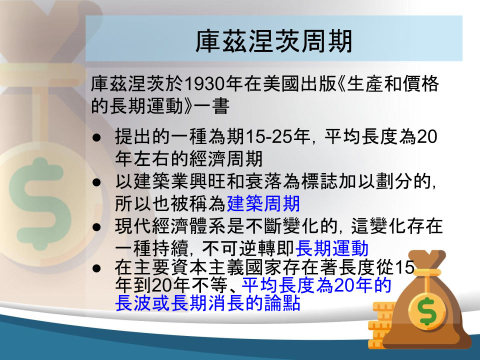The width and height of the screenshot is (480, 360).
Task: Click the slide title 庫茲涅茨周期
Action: point(274,40)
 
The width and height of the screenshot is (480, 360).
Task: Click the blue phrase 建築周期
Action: point(263,203)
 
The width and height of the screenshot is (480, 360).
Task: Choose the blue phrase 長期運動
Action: point(331,248)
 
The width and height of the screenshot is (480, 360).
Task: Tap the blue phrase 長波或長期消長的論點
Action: point(208,303)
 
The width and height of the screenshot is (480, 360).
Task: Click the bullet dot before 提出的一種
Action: point(96,137)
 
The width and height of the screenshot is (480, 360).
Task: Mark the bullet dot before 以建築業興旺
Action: point(96,182)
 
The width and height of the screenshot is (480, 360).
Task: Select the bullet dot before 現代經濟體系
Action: point(96,227)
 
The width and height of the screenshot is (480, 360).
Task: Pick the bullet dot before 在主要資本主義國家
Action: point(96,268)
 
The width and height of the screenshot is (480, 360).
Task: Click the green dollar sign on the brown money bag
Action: point(427,311)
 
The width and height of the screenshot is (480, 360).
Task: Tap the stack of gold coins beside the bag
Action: point(380,325)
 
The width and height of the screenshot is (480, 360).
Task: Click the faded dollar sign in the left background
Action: point(40,203)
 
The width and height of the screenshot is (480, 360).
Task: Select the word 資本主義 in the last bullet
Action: point(208,267)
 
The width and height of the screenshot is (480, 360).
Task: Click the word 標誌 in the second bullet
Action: point(319,181)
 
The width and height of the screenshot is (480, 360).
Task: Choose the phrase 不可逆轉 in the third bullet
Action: point(239,248)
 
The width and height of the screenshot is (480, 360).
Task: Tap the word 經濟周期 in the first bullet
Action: point(226,158)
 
